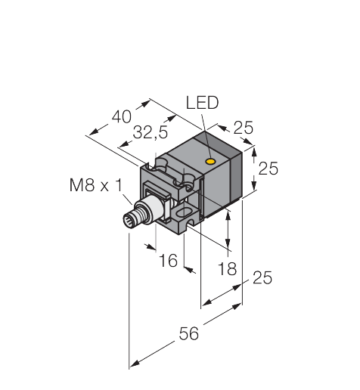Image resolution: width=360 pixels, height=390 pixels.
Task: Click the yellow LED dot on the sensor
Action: [x=211, y=160]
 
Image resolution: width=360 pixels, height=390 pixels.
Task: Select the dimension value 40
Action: [x=122, y=117]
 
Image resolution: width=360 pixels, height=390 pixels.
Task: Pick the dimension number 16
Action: [x=168, y=261]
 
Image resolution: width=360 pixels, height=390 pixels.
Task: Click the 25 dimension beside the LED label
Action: [x=243, y=128]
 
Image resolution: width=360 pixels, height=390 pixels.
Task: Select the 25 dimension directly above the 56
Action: [x=261, y=279]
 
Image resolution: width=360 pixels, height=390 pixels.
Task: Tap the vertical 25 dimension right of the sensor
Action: [x=268, y=169]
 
